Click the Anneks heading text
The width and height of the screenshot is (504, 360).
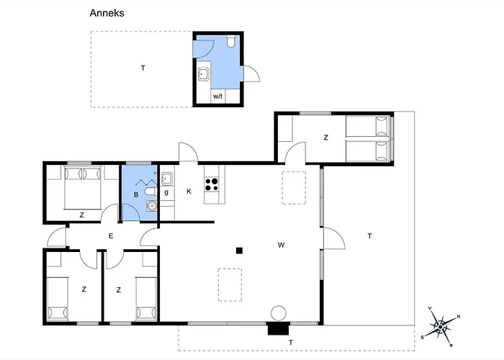click(107, 13)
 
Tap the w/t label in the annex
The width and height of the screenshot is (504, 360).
click(217, 96)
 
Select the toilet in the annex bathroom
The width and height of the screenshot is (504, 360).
click(231, 42)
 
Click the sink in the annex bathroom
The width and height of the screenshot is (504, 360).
click(203, 74)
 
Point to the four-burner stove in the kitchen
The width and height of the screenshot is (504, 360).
click(212, 184)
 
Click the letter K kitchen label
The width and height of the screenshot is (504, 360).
click(189, 192)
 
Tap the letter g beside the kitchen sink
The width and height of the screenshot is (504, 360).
click(166, 192)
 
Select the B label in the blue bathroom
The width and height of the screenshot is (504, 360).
click(136, 195)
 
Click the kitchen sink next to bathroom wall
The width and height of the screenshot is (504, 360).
click(167, 179)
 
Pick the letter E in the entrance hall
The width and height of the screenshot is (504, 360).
click(111, 236)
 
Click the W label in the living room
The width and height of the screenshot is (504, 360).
click(281, 246)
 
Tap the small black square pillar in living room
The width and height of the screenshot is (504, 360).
click(239, 251)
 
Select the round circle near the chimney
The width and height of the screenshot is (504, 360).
click(279, 313)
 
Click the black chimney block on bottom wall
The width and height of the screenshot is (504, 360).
click(279, 329)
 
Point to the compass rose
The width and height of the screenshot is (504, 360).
click(441, 327)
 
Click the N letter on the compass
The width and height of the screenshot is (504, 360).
click(459, 317)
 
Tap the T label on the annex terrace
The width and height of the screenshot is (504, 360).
click(143, 68)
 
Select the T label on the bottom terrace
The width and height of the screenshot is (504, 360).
click(291, 343)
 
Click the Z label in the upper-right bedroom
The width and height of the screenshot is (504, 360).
click(326, 138)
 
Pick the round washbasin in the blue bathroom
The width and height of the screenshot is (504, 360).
click(152, 206)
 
